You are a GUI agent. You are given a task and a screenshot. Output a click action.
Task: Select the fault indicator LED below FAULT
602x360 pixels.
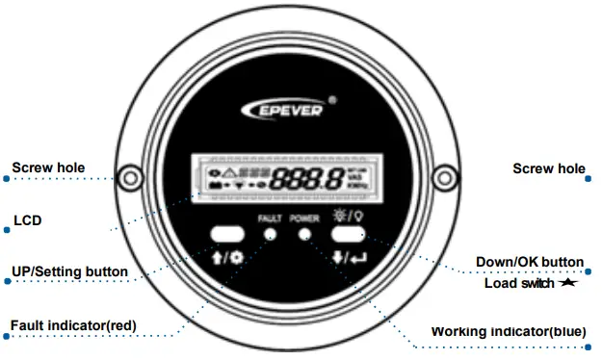(x=271, y=234)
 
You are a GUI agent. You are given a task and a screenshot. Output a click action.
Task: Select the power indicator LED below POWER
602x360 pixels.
(x=305, y=234)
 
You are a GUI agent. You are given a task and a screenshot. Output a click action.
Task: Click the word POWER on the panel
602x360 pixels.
(x=304, y=219)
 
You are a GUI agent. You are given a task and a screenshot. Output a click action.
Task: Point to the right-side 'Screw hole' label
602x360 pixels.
(x=548, y=168)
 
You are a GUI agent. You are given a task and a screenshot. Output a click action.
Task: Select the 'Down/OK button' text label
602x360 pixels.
(x=530, y=262)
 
